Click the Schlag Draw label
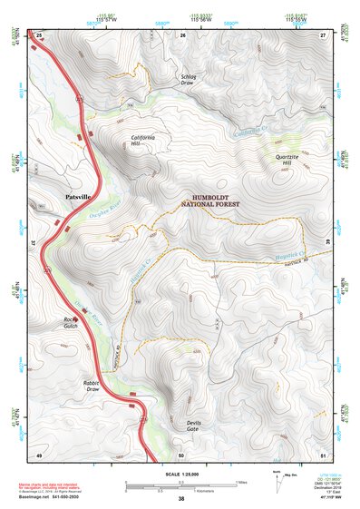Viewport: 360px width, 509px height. coord(189,79)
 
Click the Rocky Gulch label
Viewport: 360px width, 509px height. coord(73,323)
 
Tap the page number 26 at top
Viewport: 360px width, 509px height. coord(182,34)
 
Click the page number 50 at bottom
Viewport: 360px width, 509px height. coord(181,454)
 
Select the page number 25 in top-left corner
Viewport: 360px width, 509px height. coord(39,34)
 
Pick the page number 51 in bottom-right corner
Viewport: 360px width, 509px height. coord(322,454)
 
